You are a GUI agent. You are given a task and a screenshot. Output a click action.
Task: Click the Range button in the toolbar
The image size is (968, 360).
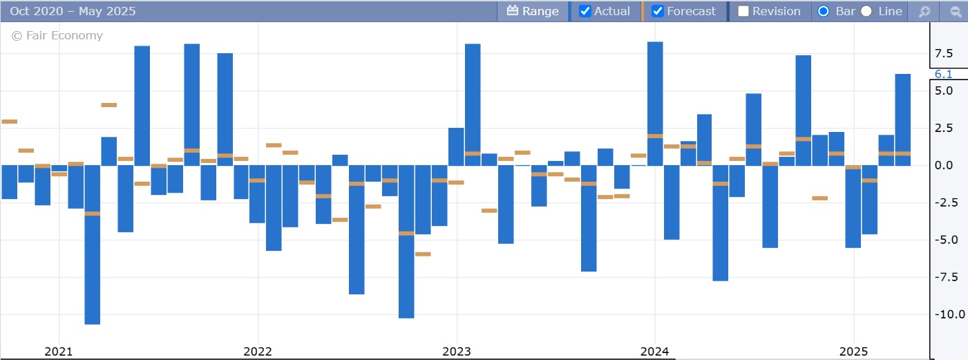(532, 11)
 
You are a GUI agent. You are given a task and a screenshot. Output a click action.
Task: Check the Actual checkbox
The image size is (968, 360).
(585, 11)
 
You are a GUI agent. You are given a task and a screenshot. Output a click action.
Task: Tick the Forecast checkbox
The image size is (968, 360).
(658, 11)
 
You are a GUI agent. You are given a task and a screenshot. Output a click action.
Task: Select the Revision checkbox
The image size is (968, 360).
(743, 11)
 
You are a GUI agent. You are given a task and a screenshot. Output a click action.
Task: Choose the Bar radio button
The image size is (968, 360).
(823, 11)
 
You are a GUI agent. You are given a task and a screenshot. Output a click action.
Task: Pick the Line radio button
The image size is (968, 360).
(866, 11)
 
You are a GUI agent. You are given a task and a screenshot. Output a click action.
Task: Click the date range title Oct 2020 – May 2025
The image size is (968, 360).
(73, 11)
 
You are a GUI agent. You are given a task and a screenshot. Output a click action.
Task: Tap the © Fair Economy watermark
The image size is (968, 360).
(57, 35)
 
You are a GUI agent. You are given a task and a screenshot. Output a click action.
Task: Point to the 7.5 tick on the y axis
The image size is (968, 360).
(944, 53)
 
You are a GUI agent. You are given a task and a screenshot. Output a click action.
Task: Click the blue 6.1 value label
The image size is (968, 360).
(944, 74)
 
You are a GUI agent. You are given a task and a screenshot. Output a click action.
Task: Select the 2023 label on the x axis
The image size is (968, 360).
(456, 351)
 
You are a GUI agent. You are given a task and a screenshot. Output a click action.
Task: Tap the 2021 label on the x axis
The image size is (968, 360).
(59, 351)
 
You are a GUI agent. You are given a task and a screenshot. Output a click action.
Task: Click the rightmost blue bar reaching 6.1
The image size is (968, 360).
(902, 119)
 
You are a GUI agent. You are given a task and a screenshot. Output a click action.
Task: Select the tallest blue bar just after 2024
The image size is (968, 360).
(655, 104)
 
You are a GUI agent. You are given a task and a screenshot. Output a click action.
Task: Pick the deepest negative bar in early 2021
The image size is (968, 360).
(93, 245)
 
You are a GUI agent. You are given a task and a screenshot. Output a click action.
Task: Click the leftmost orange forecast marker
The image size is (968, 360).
(9, 122)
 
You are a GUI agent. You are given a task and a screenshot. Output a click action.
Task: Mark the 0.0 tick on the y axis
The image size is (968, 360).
(944, 165)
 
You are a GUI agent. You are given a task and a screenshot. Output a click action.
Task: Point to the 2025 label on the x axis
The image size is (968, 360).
(853, 351)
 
